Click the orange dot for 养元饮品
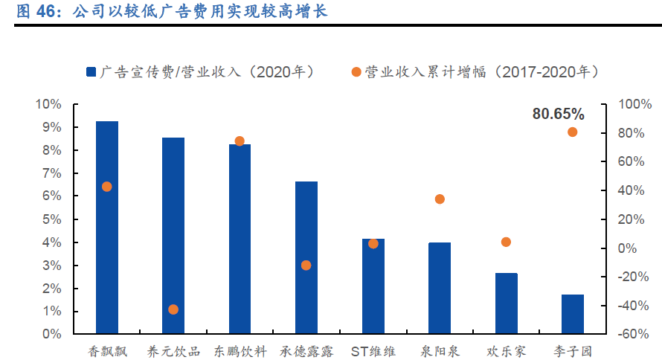(173, 309)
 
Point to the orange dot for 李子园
(572, 132)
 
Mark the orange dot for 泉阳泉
(440, 199)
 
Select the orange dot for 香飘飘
(106, 187)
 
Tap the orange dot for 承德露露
(306, 265)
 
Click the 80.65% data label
(558, 114)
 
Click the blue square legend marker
(91, 72)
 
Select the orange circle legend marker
(356, 72)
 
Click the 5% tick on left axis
(51, 219)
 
